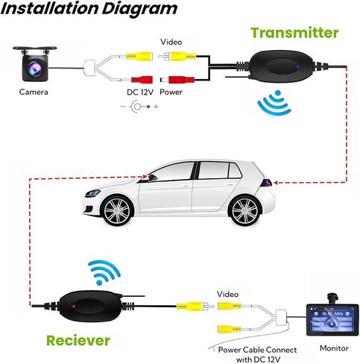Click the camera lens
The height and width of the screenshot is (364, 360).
(35, 68)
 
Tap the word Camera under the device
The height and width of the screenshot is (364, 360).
(34, 92)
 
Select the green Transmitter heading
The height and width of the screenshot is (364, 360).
(294, 33)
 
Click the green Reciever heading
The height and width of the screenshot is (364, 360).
(78, 341)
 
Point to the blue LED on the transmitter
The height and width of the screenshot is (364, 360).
(298, 67)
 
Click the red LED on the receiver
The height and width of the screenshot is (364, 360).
(74, 306)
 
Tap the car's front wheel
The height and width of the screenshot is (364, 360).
(117, 211)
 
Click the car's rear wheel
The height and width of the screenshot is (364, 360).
(245, 210)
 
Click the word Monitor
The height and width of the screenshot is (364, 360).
(334, 348)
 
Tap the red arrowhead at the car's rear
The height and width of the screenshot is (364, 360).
(276, 183)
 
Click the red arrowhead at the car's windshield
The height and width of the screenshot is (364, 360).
(145, 177)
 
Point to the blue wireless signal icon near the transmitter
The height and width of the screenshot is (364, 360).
(275, 103)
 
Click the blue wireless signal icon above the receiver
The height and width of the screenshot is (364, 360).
(104, 272)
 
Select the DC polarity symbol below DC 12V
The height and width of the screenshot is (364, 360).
(139, 107)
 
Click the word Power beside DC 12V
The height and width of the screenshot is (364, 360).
(171, 92)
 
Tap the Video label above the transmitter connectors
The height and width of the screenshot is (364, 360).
(171, 42)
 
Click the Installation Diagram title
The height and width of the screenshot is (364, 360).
(89, 9)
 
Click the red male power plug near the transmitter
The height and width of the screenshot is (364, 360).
(177, 80)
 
